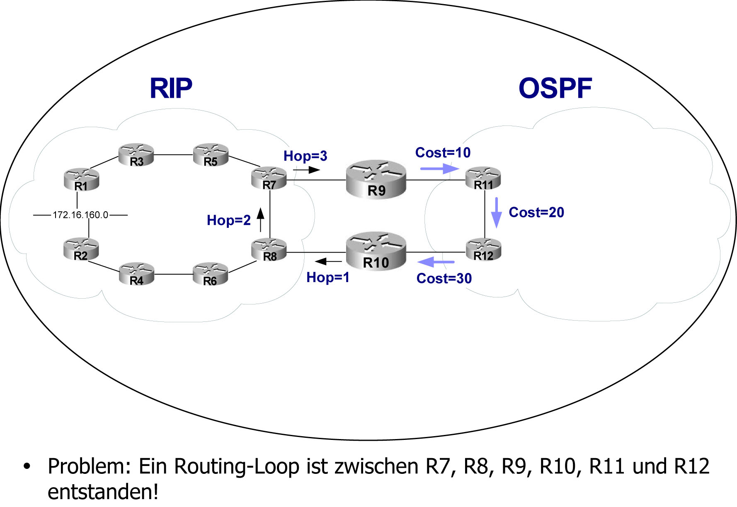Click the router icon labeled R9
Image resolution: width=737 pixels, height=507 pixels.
click(x=376, y=179)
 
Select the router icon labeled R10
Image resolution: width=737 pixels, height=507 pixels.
click(x=376, y=251)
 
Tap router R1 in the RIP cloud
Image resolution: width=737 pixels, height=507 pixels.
click(x=82, y=180)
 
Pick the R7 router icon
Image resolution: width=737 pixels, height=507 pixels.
click(x=269, y=179)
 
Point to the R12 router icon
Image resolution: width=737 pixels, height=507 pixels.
click(x=484, y=249)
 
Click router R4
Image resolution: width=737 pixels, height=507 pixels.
click(x=136, y=274)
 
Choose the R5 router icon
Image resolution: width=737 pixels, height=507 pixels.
click(x=211, y=155)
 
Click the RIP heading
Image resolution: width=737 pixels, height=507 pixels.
click(x=171, y=88)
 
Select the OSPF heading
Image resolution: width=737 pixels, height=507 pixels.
click(x=555, y=88)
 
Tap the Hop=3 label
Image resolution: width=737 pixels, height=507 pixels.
click(x=305, y=156)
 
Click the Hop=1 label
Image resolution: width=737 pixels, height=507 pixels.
click(x=327, y=278)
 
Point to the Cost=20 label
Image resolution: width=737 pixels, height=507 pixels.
click(x=536, y=212)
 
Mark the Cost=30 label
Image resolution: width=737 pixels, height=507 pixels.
click(x=444, y=278)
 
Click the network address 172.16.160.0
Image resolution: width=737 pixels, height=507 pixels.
click(x=80, y=215)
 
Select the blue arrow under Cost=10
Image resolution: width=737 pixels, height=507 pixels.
click(x=439, y=169)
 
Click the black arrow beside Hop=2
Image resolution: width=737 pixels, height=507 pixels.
click(x=260, y=220)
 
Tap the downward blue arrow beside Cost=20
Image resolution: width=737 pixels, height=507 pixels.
click(x=496, y=212)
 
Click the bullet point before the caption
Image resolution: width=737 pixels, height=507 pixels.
click(x=27, y=466)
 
